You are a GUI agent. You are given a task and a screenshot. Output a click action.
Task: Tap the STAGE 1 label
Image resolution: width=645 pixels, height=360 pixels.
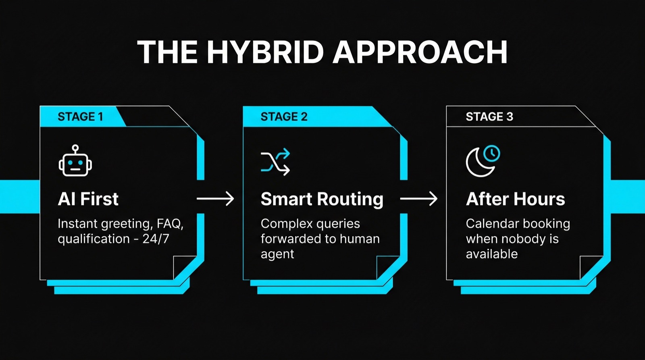(x=80, y=117)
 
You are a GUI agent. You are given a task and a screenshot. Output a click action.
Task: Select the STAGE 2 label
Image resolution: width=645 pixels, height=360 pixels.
(x=284, y=117)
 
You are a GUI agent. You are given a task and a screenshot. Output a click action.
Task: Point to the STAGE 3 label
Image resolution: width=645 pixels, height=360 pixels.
(x=489, y=117)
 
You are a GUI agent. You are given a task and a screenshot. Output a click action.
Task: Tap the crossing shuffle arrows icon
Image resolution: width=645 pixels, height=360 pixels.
(x=275, y=162)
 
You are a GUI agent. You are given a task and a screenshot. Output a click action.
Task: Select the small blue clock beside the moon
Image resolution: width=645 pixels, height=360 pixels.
(x=492, y=153)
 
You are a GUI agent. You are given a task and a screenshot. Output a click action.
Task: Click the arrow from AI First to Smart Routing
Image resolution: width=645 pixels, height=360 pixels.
(x=215, y=199)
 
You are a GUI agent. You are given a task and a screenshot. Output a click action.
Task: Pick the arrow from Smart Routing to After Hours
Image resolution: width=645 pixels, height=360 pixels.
(x=418, y=199)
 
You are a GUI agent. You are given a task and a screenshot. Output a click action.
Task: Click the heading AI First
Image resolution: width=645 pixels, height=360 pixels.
(x=88, y=199)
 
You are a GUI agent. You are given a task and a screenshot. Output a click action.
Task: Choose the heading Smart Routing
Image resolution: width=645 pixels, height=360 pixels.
(x=322, y=199)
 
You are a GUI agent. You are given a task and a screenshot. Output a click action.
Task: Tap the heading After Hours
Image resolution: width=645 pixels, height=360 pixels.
(x=515, y=199)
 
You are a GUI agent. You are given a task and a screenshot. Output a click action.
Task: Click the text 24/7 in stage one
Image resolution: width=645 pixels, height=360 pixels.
(x=156, y=239)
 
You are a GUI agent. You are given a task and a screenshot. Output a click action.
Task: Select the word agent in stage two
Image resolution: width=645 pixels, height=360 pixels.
(x=277, y=254)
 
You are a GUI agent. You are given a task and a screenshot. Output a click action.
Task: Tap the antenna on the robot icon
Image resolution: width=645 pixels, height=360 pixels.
(x=75, y=148)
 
